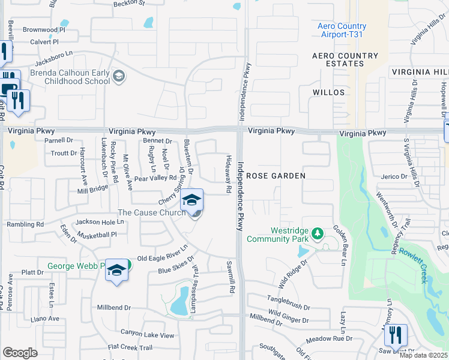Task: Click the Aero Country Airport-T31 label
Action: [x=342, y=31]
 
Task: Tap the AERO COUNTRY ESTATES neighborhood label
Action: [x=345, y=60]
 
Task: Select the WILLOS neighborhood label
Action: [x=328, y=92]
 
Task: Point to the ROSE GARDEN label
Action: [x=276, y=176]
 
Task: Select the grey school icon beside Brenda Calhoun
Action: [x=119, y=76]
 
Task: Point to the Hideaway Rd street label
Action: [x=229, y=175]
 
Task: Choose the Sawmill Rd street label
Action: [x=231, y=277]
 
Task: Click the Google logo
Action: [x=20, y=352]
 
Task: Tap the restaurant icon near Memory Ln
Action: [x=396, y=334]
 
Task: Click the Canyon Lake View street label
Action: [x=147, y=334]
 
